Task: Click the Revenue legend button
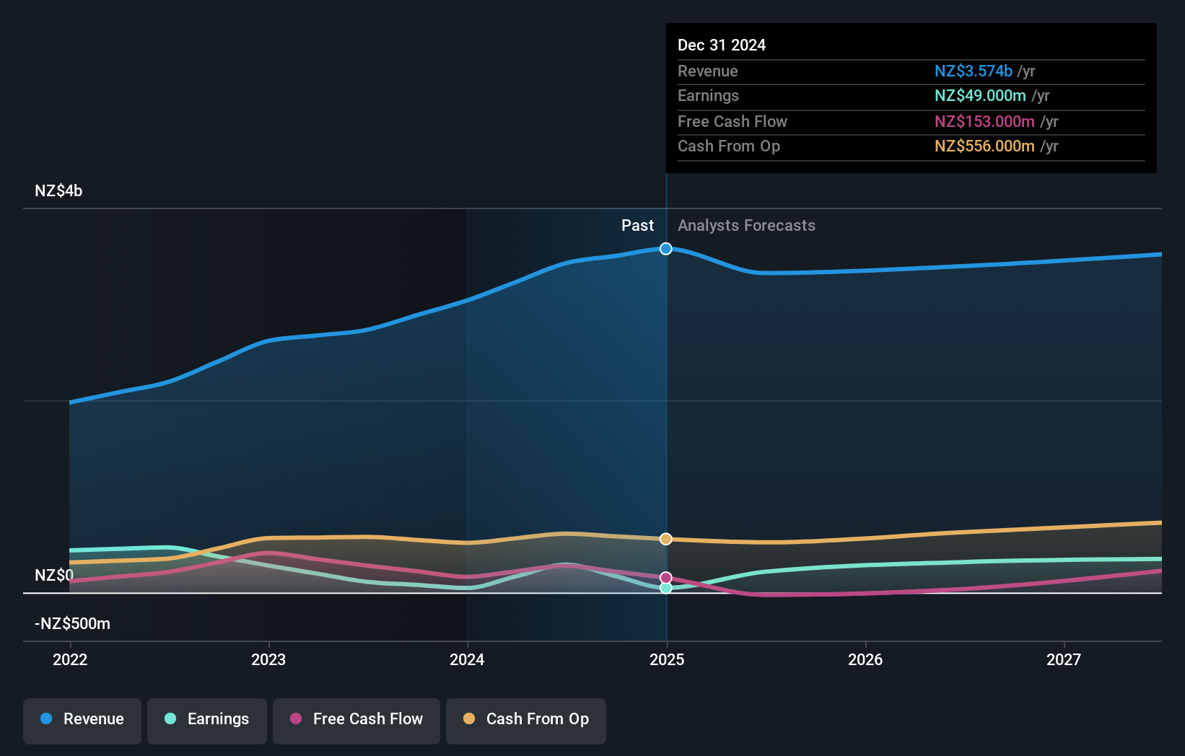click(82, 719)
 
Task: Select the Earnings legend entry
click(207, 719)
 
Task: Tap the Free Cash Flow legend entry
click(357, 719)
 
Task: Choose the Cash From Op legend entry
click(526, 719)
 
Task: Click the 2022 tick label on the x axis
click(70, 659)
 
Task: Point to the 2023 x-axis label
click(268, 659)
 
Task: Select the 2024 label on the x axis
click(467, 659)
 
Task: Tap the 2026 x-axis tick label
click(865, 659)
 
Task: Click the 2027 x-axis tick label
click(1064, 659)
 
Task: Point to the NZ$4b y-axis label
click(58, 191)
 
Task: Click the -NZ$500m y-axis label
click(72, 624)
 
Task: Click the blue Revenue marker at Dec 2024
click(666, 249)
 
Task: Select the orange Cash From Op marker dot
click(666, 539)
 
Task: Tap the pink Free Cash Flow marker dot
click(666, 578)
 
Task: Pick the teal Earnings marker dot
click(666, 588)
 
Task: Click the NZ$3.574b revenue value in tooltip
click(973, 71)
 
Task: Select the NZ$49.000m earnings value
click(980, 96)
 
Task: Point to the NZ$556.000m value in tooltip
click(984, 146)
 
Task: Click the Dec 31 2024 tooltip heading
click(722, 45)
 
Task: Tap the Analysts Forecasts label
click(746, 226)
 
